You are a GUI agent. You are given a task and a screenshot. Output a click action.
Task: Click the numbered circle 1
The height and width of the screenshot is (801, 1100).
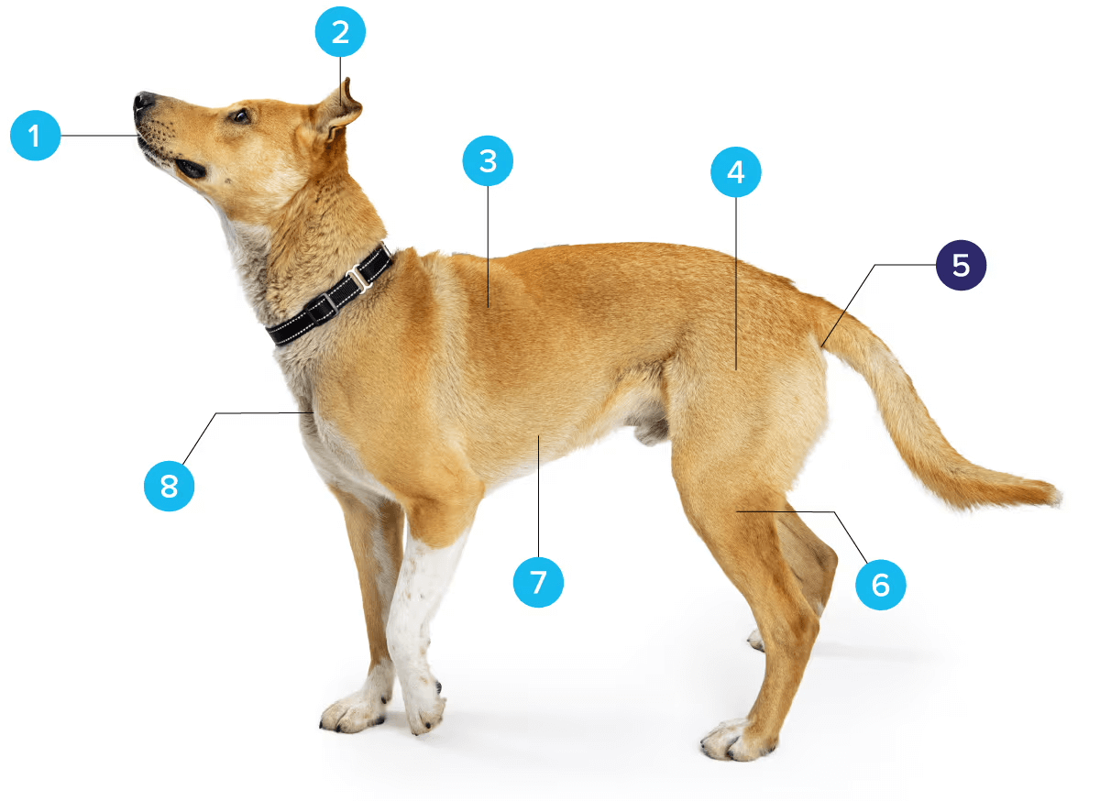coord(36,136)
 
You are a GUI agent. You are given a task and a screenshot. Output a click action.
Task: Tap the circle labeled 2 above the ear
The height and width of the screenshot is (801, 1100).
coord(340,32)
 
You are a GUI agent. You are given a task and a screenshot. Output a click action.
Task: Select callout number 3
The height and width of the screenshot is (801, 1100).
coord(488,160)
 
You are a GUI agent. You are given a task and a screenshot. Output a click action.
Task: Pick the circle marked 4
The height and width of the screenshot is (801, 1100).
coord(735,172)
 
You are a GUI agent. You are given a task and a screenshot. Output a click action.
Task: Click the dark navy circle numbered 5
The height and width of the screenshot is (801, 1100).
coord(961,265)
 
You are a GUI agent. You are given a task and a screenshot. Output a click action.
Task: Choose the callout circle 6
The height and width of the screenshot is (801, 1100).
coord(881,585)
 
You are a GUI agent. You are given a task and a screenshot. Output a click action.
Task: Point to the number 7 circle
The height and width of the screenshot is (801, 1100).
coord(538,582)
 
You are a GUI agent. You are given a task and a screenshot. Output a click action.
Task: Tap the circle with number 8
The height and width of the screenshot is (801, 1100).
coord(169,487)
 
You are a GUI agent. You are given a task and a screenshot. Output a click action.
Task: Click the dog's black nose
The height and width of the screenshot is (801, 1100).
coord(143,101)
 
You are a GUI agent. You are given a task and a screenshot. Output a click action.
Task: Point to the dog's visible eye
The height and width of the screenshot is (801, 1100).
coord(240,116)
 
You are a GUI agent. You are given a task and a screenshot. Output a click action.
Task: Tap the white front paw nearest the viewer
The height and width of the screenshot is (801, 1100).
coord(423,708)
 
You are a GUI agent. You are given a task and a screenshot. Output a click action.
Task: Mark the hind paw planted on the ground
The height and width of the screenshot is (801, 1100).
coord(737,741)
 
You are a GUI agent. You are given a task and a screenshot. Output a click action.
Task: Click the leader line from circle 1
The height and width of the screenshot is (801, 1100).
coord(99,136)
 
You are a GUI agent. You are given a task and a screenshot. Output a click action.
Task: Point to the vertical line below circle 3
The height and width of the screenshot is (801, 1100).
coord(488,247)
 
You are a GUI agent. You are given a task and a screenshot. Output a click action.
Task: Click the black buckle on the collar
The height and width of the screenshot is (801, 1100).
coord(322,309)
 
